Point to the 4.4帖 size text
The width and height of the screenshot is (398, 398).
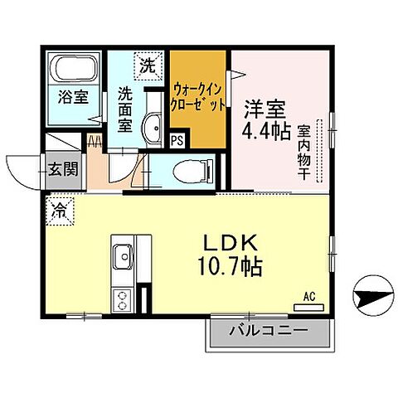click(x=265, y=131)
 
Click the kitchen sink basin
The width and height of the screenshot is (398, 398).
click(x=122, y=257)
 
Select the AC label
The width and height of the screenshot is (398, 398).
click(x=309, y=295)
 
